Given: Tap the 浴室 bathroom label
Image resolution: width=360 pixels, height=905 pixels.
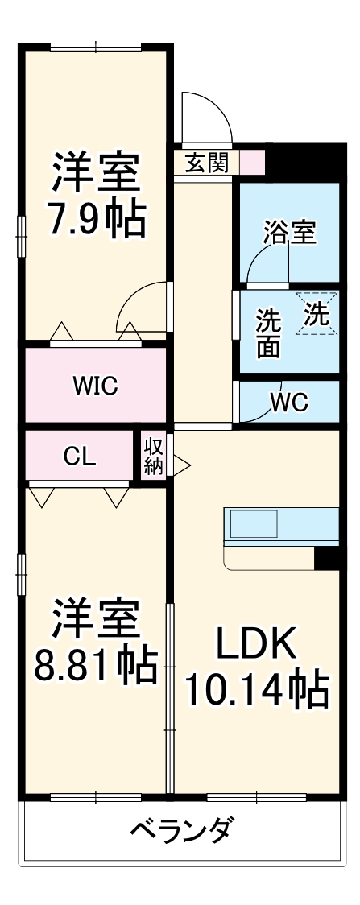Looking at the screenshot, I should [x=289, y=233].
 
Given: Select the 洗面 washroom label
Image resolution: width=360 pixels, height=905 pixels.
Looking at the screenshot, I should [x=268, y=333].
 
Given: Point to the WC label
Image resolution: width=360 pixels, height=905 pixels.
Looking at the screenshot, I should [x=289, y=403].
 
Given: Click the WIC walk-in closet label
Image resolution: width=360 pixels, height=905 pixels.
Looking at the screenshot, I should [x=95, y=386].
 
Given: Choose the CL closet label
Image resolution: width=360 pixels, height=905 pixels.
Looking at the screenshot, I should [x=80, y=457].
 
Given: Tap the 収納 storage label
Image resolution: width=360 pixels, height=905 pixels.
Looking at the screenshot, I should [x=153, y=456].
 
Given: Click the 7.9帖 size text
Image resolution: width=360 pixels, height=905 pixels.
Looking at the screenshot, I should [x=95, y=217].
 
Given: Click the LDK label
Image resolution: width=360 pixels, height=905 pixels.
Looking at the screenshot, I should [x=256, y=644].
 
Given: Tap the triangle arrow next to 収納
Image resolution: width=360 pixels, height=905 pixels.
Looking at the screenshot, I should [x=181, y=464].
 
